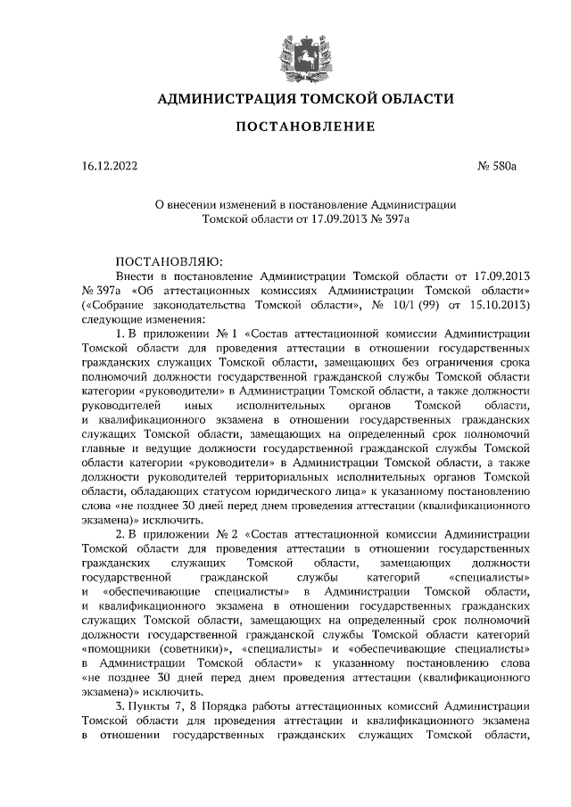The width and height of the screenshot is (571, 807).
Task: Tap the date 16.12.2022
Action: pos(110,166)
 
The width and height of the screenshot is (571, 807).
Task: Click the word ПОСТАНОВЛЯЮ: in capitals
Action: pos(161,261)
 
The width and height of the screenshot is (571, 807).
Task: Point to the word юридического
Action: pos(318,490)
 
